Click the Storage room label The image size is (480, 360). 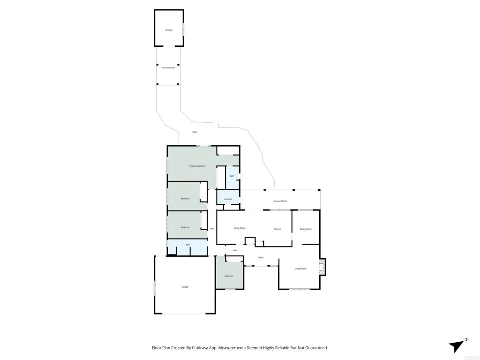click(x=169, y=30)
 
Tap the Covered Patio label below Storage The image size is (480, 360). click(x=169, y=68)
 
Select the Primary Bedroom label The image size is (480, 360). click(x=197, y=166)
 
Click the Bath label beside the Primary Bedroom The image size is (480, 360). click(x=232, y=176)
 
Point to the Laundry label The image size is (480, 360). click(x=228, y=199)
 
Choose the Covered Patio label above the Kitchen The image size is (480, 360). click(x=280, y=201)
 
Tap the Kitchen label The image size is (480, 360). click(x=277, y=229)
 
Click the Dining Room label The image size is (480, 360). click(x=306, y=229)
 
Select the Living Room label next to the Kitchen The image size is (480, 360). click(x=240, y=228)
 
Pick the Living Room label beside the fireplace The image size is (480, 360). click(x=300, y=269)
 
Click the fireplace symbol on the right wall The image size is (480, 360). click(x=322, y=267)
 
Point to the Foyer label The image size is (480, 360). click(x=261, y=257)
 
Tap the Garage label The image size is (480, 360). click(x=185, y=287)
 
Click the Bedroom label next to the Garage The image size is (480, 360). click(x=229, y=276)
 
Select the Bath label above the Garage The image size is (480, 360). click(x=188, y=245)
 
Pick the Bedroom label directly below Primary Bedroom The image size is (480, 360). click(x=185, y=199)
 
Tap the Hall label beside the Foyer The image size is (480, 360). click(x=235, y=250)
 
